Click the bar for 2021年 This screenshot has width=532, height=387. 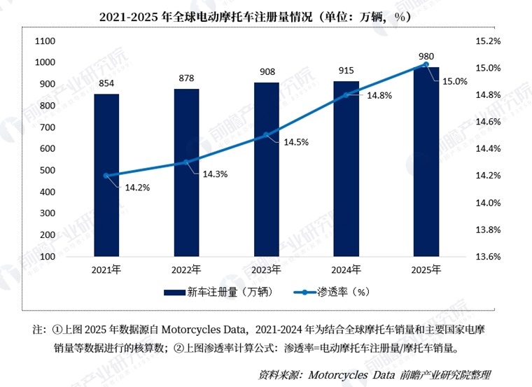tap(106, 175)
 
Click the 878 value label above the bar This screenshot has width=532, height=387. tap(186, 78)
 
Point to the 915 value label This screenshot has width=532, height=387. tap(346, 71)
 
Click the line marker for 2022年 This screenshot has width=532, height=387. tap(186, 162)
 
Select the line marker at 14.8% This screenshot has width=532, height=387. tap(346, 94)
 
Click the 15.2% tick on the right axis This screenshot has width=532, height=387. tap(488, 41)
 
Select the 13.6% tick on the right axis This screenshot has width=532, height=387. tap(488, 257)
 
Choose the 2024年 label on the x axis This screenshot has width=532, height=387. tap(346, 269)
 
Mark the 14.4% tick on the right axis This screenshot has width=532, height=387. tap(488, 149)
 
